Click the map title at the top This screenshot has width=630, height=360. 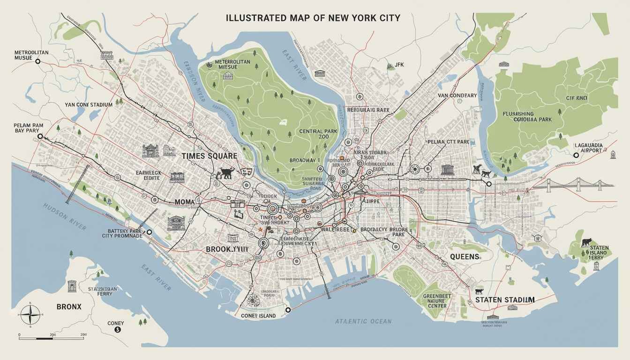[313, 18]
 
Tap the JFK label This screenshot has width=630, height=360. [398, 65]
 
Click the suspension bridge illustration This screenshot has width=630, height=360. [579, 184]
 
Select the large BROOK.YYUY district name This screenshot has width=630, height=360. [227, 249]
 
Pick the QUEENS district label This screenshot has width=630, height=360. [465, 256]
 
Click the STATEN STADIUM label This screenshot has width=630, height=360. [504, 300]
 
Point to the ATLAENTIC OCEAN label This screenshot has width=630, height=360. [363, 322]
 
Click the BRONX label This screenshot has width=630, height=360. [69, 307]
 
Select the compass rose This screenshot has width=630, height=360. [30, 314]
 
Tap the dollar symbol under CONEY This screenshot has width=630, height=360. [118, 330]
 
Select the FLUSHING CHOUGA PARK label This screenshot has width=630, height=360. [527, 117]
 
